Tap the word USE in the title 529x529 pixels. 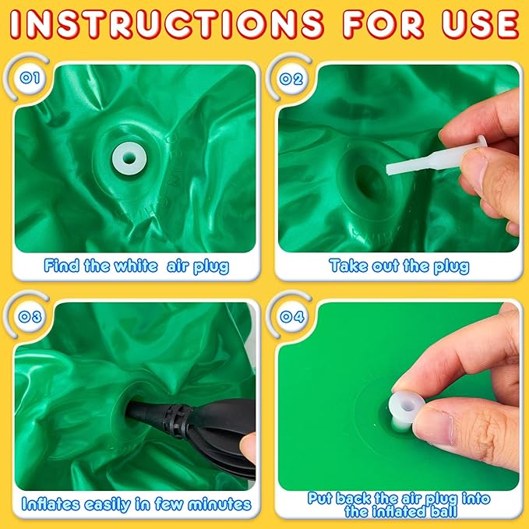click(x=481, y=25)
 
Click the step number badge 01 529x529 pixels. click(x=30, y=78)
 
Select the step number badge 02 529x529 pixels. click(x=291, y=79)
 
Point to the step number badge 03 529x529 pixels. click(x=30, y=317)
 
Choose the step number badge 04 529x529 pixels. click(x=292, y=317)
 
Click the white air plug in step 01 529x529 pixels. click(x=129, y=158)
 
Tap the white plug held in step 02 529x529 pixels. click(x=436, y=157)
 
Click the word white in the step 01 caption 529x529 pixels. click(x=136, y=266)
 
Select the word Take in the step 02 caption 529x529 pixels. click(x=348, y=266)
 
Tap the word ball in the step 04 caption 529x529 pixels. click(x=443, y=512)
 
